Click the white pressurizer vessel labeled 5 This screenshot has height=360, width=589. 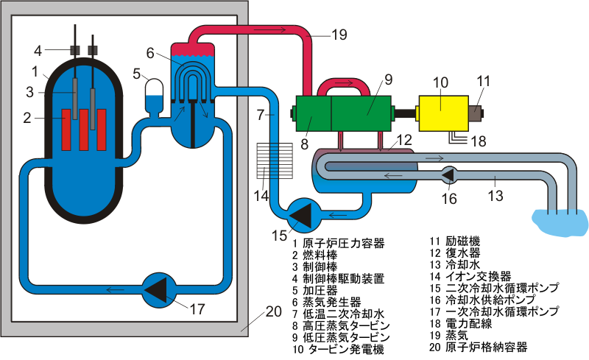(156, 93)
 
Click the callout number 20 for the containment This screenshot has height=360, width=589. (272, 311)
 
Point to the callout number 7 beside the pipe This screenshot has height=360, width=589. (261, 115)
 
